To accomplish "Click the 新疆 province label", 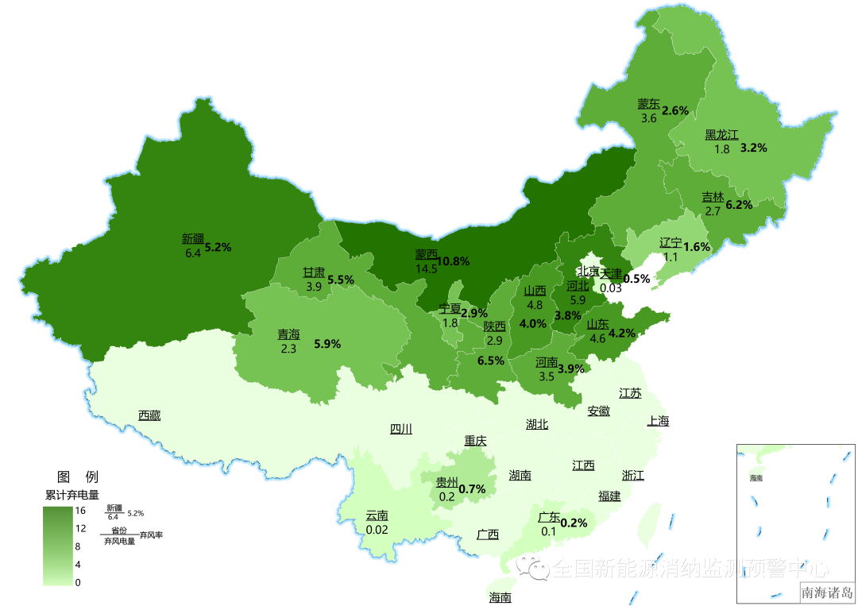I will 192,238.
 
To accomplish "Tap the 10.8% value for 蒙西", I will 453,261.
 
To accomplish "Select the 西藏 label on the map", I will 149,415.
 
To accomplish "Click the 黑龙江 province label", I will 721,134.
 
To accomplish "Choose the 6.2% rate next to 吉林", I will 738,205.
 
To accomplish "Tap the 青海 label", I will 288,334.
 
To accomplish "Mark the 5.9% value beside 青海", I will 327,344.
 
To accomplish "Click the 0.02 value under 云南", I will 377,530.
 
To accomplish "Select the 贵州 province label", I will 446,482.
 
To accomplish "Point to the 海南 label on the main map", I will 500,597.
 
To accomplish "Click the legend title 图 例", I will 78,477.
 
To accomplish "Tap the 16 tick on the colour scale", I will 80,511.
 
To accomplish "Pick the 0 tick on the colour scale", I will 78,582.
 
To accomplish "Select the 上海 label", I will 658,421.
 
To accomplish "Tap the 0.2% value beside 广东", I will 574,523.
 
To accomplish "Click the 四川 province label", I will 401,429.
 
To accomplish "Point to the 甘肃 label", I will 313,272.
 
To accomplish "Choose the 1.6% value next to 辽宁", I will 697,247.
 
